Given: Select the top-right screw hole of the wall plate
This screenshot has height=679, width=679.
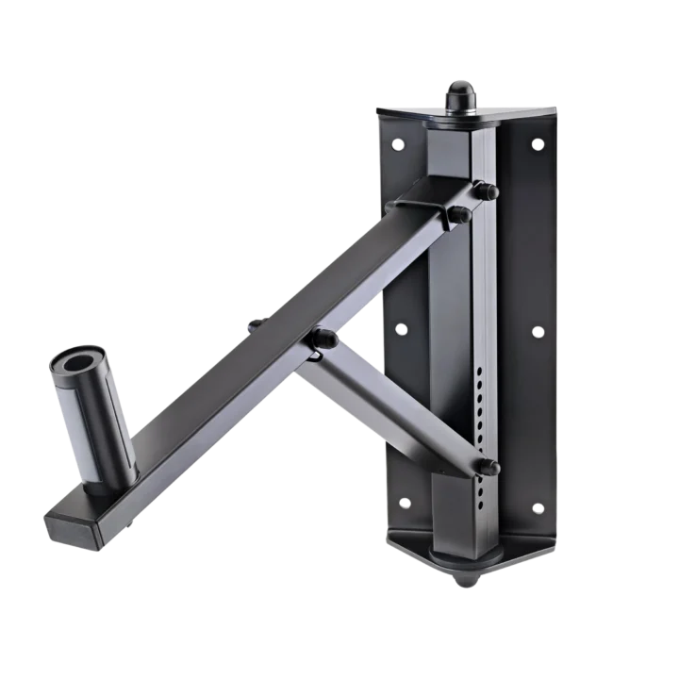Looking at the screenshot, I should point(538,145).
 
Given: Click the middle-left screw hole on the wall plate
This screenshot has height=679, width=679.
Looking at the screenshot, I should point(402,329).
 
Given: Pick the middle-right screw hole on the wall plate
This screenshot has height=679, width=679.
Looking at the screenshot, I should point(538,333).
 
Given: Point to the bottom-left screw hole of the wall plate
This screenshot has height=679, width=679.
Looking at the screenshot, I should point(406,503).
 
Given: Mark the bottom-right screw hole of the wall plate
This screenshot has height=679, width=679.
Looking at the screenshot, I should point(538,509).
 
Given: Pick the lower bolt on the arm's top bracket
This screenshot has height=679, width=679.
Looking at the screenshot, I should point(460,215).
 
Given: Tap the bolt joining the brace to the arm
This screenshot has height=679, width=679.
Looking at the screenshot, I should point(323,338).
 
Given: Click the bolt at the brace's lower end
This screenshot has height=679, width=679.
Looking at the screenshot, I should point(489,466).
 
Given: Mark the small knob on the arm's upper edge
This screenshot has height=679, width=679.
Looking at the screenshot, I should point(255,323).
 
